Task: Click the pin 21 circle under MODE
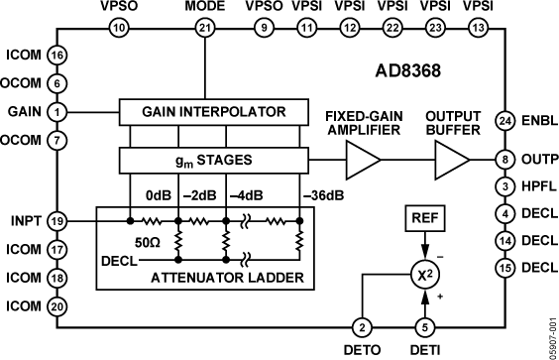click(x=205, y=29)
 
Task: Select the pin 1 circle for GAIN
click(x=58, y=111)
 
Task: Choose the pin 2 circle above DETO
click(x=362, y=327)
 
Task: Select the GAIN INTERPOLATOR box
click(x=209, y=111)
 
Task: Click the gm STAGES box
click(x=209, y=159)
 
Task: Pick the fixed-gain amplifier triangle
click(x=364, y=158)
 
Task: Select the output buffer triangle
click(x=453, y=158)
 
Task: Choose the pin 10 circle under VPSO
click(x=120, y=29)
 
